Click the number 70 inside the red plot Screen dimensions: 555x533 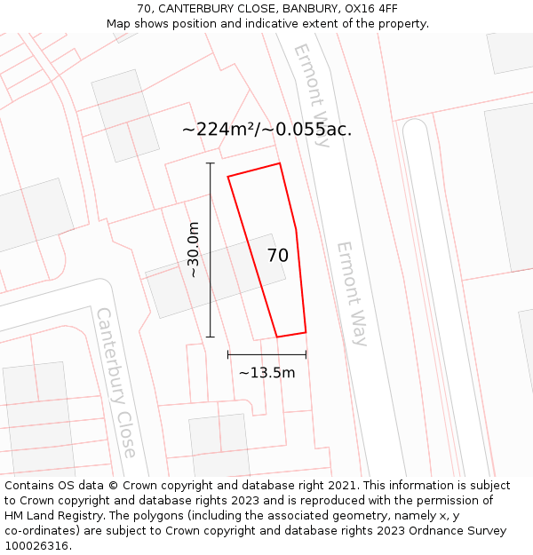pos(277,256)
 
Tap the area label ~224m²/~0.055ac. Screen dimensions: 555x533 pos(266,130)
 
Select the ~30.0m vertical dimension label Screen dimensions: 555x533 pos(193,250)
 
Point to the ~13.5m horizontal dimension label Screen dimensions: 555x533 pos(266,373)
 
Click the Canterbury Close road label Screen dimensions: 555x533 pos(116,383)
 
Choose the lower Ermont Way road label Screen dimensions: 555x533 pos(352,293)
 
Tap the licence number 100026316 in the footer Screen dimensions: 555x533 pos(37,546)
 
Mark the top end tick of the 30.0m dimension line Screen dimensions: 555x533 pos(211,163)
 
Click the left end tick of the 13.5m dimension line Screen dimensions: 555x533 pos(228,354)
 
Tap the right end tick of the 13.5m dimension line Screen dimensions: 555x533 pos(306,354)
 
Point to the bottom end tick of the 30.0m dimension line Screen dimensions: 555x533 pos(211,337)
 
